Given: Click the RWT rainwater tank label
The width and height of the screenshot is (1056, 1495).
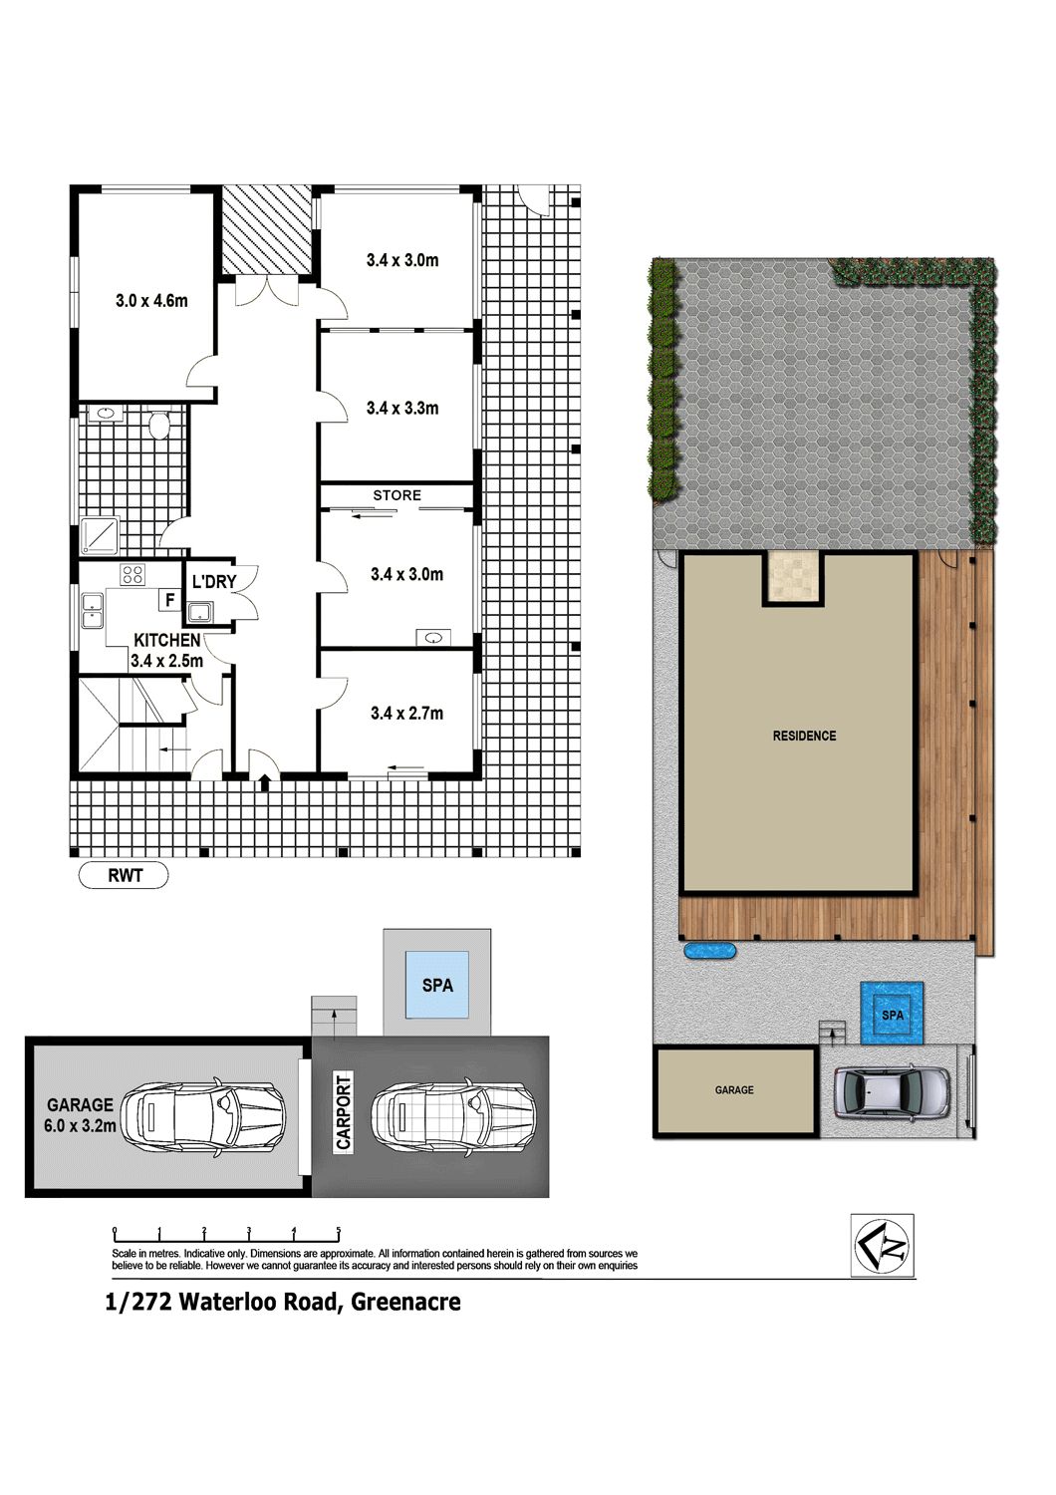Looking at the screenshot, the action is (x=126, y=874).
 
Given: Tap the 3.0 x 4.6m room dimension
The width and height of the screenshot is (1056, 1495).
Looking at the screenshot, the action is (x=151, y=300).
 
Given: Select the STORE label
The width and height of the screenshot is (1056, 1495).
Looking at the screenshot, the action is (x=396, y=495).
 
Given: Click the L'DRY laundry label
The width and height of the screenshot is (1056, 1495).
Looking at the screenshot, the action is (x=214, y=581).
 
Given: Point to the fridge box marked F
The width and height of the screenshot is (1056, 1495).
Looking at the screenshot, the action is (x=169, y=599).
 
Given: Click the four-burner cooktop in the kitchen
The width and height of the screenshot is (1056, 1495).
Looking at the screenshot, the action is (x=132, y=573).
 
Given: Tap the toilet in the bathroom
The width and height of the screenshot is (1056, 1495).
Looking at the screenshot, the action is (x=158, y=426).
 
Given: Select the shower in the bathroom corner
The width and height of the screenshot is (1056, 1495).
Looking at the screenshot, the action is (x=100, y=535).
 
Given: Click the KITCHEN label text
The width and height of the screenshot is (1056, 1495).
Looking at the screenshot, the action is (x=166, y=640).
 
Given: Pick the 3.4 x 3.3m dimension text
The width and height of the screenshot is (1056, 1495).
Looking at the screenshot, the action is (x=402, y=408).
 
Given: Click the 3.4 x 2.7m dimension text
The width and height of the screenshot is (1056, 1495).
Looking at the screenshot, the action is (x=406, y=714).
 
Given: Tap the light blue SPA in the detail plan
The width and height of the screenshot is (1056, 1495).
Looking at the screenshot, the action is (x=437, y=985).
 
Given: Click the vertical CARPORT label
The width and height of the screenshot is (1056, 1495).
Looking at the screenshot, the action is (x=343, y=1112).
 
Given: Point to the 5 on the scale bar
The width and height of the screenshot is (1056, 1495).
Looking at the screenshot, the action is (x=338, y=1230).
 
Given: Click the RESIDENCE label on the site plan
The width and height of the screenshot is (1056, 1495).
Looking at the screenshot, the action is (x=804, y=736).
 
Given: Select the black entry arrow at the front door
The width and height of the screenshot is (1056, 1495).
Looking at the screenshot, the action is (x=265, y=782).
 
